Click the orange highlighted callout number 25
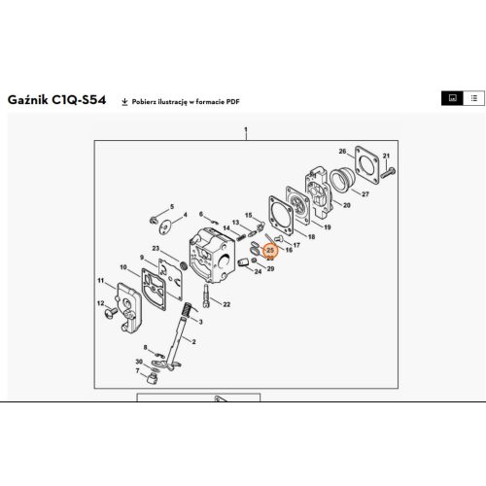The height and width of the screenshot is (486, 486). pyautogui.click(x=270, y=251)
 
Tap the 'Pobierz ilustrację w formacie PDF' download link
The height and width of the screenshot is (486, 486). pyautogui.click(x=184, y=101)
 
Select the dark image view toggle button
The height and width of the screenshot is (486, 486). pyautogui.click(x=451, y=99)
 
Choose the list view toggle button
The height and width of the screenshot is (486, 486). pyautogui.click(x=471, y=99)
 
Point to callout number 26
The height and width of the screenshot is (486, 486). pyautogui.click(x=341, y=152)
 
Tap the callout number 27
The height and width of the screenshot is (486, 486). pyautogui.click(x=365, y=193)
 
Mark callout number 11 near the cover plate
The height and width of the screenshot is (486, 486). pyautogui.click(x=100, y=281)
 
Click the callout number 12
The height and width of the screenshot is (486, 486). pyautogui.click(x=99, y=304)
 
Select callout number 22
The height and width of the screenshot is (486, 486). pyautogui.click(x=226, y=304)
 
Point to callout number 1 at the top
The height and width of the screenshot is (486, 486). pyautogui.click(x=247, y=130)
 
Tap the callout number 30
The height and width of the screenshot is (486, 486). pyautogui.click(x=139, y=363)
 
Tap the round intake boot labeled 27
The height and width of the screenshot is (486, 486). pyautogui.click(x=345, y=181)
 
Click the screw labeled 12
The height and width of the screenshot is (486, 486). pyautogui.click(x=115, y=312)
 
